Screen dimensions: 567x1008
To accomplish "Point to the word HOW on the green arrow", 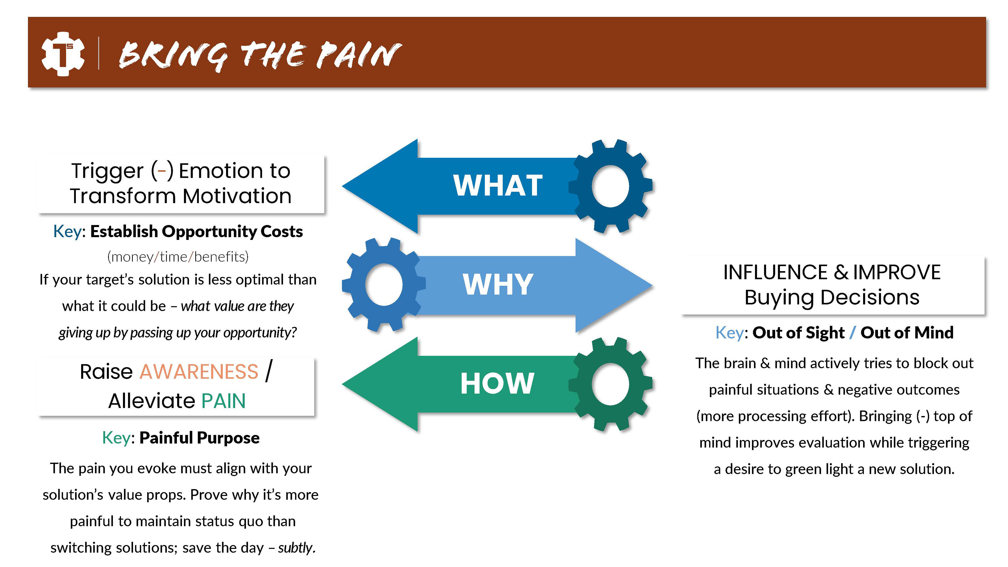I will coord(497,384).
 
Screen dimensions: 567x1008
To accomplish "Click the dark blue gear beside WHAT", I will coord(610,186).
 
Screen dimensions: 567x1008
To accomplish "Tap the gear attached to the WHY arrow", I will coord(384,285).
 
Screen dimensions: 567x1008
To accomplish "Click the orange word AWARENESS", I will coord(199,371).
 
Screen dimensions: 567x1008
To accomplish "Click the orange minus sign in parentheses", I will coord(162,171).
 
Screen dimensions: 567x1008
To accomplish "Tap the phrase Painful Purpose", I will coord(199,438).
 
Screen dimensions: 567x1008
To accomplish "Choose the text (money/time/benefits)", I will coord(178,257).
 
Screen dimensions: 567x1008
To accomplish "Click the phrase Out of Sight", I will coord(798,333).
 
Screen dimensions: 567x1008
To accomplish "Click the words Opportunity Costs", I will coord(232,231).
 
